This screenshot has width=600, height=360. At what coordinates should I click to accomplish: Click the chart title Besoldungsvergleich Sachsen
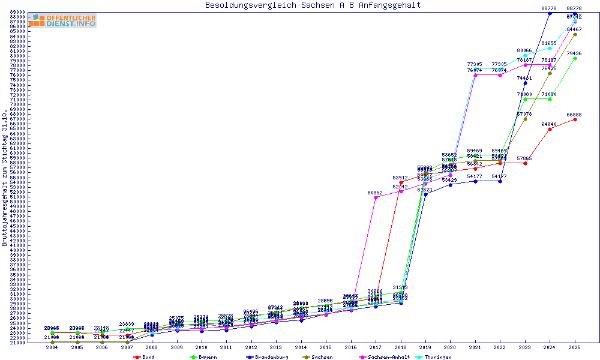point(313,5)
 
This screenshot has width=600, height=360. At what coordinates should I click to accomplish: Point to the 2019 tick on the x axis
point(425,347)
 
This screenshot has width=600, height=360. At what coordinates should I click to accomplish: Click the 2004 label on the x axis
point(52,347)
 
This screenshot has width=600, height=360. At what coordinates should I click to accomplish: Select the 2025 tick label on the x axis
point(575,347)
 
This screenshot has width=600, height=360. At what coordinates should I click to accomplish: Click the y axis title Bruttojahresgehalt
point(5,178)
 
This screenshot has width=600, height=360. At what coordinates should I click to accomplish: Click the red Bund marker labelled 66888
point(575,119)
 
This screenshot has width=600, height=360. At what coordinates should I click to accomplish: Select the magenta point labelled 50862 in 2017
point(376,197)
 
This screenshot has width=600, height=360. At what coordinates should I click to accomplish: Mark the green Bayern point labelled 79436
point(575,59)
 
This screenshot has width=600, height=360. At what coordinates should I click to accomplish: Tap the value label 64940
point(549,124)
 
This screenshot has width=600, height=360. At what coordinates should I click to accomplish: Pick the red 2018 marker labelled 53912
point(401,182)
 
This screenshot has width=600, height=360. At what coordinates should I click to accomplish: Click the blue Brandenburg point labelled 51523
point(425,194)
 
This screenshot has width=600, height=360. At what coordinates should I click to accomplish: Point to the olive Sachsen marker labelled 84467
point(575,34)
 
